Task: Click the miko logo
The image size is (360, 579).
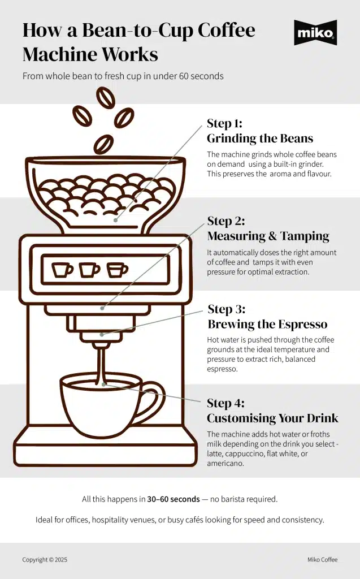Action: coord(315,33)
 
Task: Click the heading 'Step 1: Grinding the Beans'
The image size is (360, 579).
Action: coord(259,131)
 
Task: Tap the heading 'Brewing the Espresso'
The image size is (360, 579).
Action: coord(267,324)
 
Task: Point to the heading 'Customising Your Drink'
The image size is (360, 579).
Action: coord(272,418)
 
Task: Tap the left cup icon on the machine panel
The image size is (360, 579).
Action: coord(62,270)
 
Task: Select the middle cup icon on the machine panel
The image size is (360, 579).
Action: coord(89,270)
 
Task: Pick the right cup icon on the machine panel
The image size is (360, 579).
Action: coord(117,270)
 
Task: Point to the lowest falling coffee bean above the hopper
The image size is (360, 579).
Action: coord(103,144)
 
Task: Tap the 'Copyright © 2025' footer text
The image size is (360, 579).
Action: coord(45,560)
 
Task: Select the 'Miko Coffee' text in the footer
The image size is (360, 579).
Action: coord(322,560)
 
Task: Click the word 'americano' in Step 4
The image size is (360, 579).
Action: coord(225,463)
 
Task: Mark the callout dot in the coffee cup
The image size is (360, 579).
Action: coord(103,384)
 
